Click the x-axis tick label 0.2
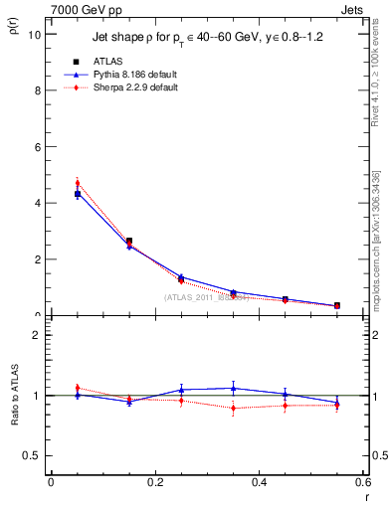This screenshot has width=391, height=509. (154, 482)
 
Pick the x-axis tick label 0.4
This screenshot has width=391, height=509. (259, 482)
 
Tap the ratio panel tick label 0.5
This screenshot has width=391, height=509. (33, 455)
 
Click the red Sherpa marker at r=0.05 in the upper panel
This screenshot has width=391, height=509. (77, 183)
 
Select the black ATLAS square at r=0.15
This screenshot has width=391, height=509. (129, 242)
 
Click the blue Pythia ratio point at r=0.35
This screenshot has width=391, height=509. (233, 388)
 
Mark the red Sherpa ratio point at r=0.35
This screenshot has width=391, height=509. (233, 408)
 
